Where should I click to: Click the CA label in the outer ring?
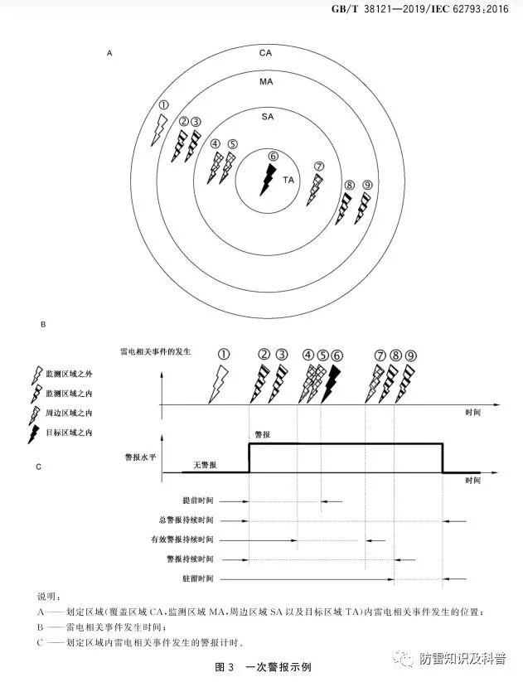[x=265, y=53]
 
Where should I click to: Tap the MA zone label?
[x=266, y=83]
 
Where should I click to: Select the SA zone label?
[x=267, y=118]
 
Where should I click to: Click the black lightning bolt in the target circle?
[x=268, y=179]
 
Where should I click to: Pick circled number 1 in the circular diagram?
[x=163, y=105]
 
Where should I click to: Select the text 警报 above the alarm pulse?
[x=260, y=433]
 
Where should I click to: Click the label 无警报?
[x=205, y=465]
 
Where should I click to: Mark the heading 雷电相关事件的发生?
[x=156, y=351]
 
